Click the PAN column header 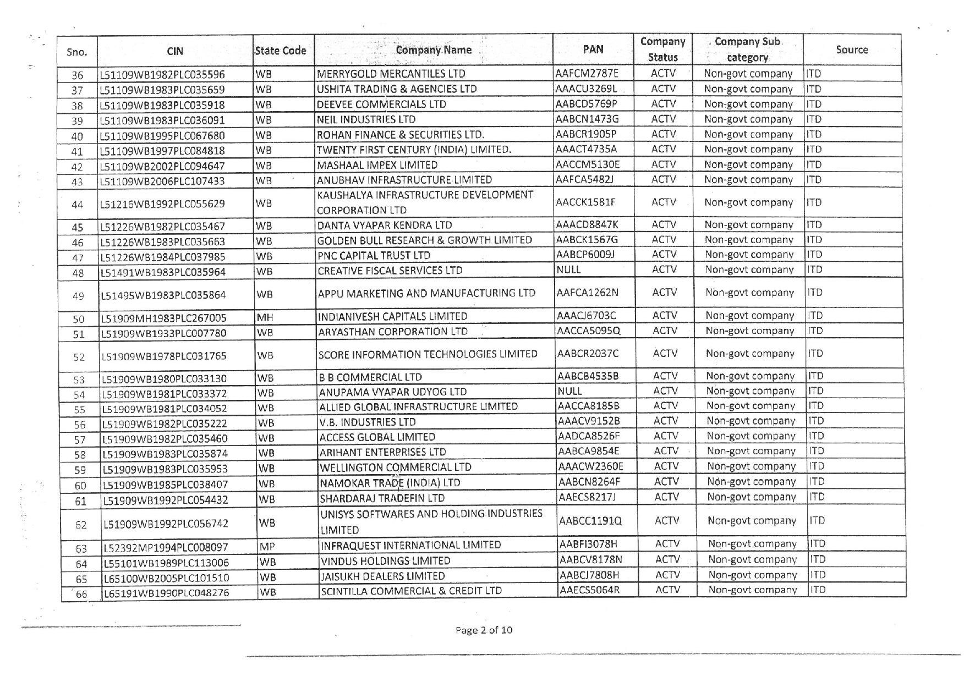coord(593,50)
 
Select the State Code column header coord(281,51)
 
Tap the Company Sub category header coord(747,50)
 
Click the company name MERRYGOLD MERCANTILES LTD coord(391,74)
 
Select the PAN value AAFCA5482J coord(584,179)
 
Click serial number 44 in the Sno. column coord(77,205)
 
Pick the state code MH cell coord(265,317)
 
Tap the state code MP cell coord(267,547)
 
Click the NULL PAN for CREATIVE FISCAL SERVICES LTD coord(568,269)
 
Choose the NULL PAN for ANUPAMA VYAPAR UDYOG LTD coord(570,391)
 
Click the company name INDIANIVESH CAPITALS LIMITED coord(392,316)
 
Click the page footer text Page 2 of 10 coord(484,630)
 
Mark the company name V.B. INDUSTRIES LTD coord(368,422)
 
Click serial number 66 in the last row coord(81,593)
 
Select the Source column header coord(851,50)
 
